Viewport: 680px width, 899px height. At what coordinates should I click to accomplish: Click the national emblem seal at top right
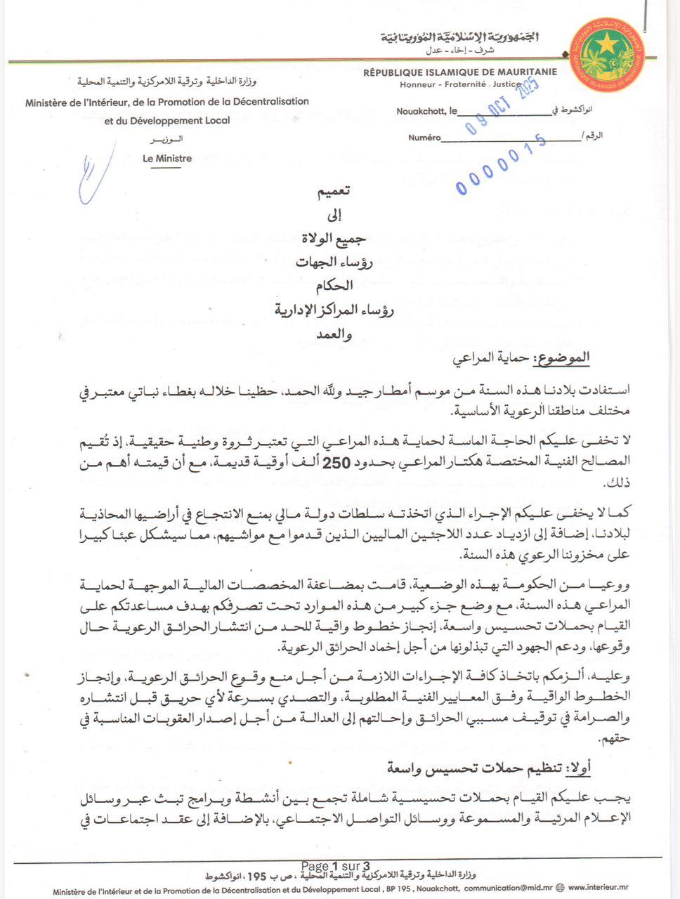(x=608, y=54)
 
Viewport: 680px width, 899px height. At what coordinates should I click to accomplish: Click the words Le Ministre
(x=167, y=159)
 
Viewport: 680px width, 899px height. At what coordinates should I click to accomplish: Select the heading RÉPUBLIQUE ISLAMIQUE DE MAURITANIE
(x=460, y=72)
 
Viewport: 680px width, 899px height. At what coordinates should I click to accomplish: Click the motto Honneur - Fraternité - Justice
(x=460, y=84)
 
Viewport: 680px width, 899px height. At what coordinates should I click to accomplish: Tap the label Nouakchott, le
(x=426, y=111)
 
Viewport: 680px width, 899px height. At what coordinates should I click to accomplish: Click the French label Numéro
(x=424, y=138)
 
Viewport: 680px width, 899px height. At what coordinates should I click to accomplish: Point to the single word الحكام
(x=334, y=286)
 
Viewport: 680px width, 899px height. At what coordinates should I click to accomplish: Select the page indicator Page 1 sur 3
(x=335, y=866)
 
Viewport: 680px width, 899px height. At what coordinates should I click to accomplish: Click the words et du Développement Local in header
(x=167, y=121)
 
